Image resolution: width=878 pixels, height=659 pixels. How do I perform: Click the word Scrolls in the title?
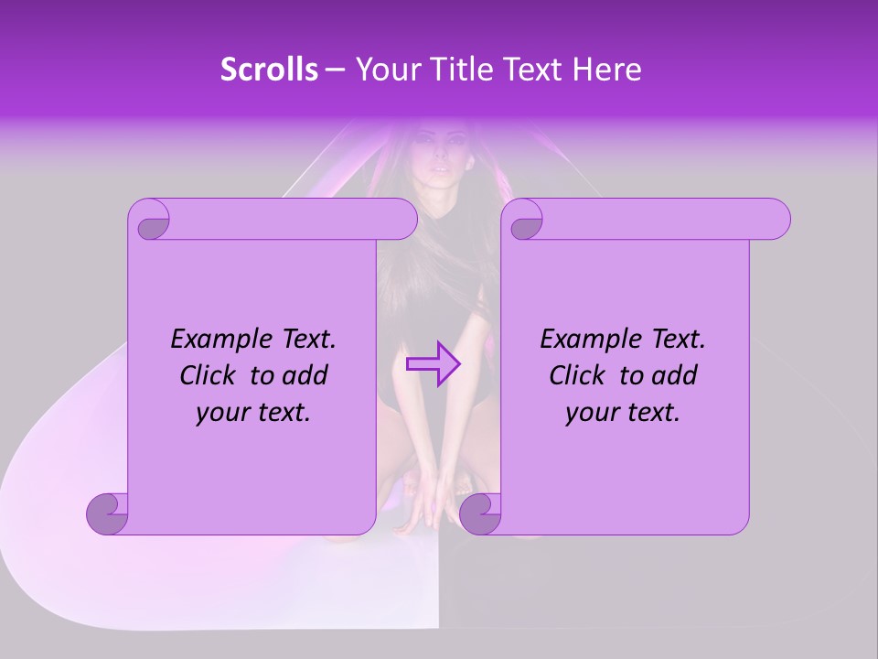point(269,70)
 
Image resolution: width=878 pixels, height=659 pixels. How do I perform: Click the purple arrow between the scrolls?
point(434,364)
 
